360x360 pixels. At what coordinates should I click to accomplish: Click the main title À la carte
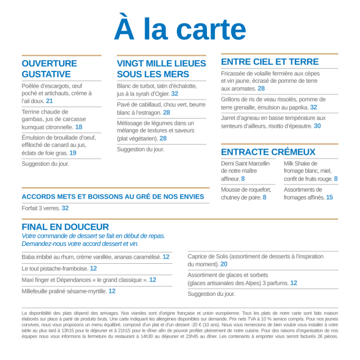[180, 29]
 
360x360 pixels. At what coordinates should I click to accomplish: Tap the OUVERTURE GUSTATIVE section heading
[49, 69]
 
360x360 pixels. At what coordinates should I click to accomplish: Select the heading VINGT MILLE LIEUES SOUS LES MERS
[161, 69]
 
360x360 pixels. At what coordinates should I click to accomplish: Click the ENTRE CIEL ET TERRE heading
[270, 62]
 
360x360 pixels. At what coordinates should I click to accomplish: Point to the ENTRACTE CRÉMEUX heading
[268, 152]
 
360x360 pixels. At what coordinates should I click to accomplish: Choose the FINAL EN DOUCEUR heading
[65, 227]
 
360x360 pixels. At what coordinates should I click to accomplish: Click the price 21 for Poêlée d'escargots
[49, 101]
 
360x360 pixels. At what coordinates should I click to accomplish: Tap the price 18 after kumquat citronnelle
[79, 127]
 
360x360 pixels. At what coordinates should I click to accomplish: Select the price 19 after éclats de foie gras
[73, 153]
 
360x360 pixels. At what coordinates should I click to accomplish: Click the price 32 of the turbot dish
[175, 94]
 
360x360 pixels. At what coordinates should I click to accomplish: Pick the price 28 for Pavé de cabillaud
[166, 112]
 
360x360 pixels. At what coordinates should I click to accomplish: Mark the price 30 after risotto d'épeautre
[317, 127]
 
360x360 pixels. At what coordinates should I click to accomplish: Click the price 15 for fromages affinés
[329, 197]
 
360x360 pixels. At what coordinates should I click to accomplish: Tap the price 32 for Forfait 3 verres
[65, 208]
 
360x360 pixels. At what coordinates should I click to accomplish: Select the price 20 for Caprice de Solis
[224, 264]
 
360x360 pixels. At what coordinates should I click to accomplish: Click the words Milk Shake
[297, 163]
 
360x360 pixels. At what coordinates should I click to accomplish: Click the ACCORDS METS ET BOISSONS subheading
[112, 197]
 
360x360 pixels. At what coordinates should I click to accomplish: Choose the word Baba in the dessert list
[29, 257]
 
